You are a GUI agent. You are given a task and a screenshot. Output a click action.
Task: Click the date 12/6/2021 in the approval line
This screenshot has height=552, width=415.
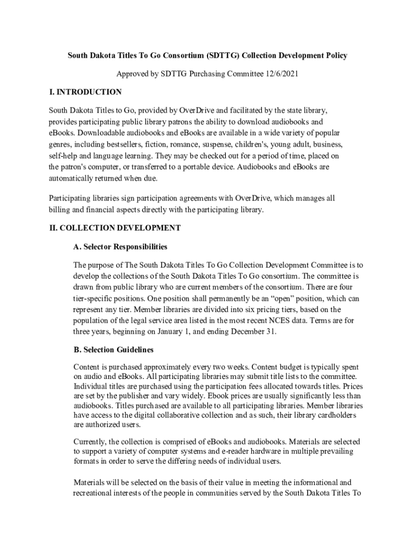tap(279, 74)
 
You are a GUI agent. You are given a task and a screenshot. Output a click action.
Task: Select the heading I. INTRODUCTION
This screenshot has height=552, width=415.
tap(85, 92)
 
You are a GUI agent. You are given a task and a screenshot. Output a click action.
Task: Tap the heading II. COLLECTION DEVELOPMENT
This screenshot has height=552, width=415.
tap(115, 228)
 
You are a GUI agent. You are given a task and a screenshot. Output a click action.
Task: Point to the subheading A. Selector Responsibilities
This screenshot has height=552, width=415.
tap(120, 247)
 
